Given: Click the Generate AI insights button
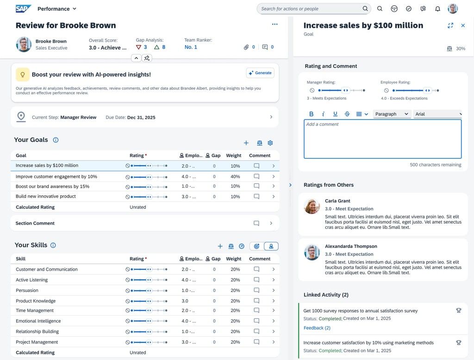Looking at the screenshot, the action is point(260,73).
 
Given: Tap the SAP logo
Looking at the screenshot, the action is point(23,8).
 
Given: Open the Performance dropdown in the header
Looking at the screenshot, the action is point(57,9).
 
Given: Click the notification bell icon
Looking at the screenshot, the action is point(437,9).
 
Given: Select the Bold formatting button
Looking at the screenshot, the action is point(312,114).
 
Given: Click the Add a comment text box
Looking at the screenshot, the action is point(382,139).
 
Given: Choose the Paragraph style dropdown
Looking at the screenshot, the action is point(392,114).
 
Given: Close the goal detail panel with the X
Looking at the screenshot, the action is point(463,25).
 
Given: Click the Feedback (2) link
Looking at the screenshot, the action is point(317,328).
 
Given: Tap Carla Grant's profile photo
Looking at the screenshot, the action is point(312,206).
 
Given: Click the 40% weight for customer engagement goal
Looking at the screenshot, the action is point(235,176).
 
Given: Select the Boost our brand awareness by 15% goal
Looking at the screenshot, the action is point(53,186).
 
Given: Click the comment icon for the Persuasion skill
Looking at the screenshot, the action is point(256,290).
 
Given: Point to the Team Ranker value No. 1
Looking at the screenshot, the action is point(191,47).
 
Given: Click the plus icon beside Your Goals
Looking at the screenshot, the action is point(246,143).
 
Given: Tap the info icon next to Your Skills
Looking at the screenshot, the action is point(53,245).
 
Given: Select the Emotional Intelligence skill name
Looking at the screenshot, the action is point(38,321).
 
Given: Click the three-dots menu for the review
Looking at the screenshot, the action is point(274,24).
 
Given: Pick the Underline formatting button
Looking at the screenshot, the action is point(335,114).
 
